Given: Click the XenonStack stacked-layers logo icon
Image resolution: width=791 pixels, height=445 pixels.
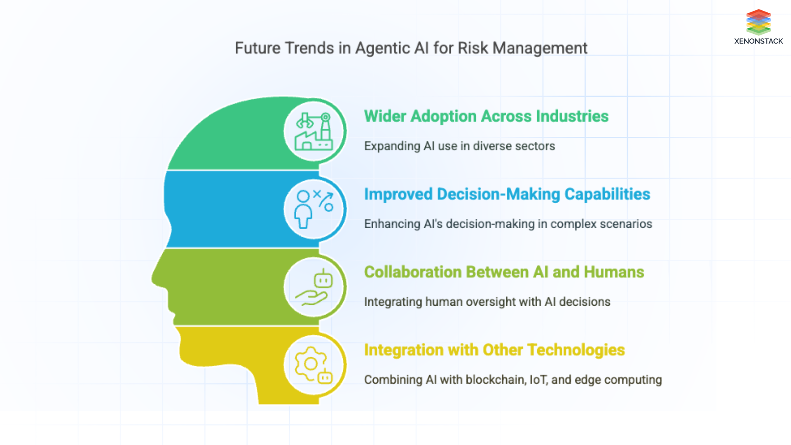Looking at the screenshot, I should click(x=758, y=22).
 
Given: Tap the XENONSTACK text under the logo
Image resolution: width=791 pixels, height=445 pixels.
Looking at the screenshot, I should click(x=758, y=41).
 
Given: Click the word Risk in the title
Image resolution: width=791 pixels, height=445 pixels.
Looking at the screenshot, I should click(x=473, y=48).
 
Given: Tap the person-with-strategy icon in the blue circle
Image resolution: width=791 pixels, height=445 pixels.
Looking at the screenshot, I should click(x=314, y=209).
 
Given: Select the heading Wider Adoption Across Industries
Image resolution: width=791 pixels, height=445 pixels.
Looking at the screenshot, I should click(x=486, y=116).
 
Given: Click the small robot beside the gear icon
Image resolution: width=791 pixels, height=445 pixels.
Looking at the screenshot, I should click(x=325, y=376).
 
